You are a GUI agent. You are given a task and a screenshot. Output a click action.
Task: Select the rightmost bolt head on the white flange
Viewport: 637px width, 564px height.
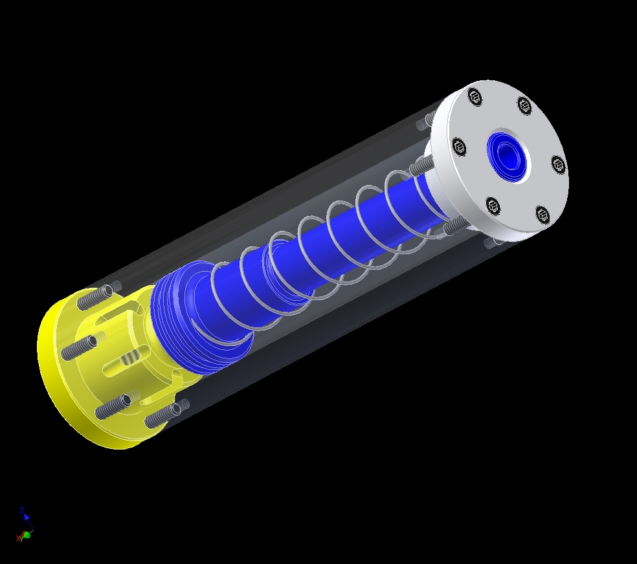558,164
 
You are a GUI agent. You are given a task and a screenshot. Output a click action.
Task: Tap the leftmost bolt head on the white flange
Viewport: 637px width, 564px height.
459,147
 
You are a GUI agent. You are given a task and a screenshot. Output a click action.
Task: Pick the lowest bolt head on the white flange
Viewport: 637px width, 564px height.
542,215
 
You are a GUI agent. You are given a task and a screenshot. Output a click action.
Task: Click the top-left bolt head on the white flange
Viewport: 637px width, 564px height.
475,97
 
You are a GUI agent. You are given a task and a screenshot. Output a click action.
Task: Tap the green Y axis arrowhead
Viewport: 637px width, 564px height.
27,535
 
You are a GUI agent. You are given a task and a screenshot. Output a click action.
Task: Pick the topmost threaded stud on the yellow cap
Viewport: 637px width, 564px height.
94,300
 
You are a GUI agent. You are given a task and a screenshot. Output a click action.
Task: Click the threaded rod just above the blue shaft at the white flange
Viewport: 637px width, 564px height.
421,165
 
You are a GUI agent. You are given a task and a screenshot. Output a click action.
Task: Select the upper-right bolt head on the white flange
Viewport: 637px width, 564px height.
524,105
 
